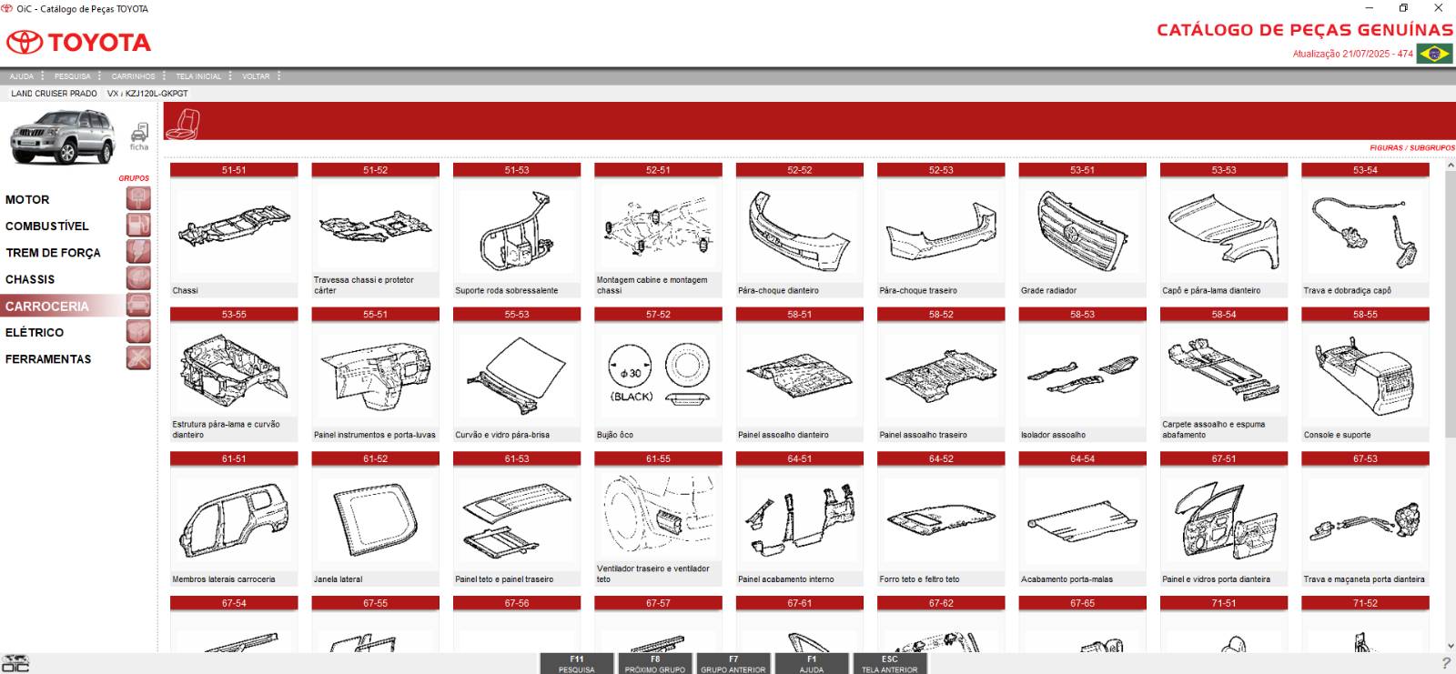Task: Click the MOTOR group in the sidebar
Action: pyautogui.click(x=27, y=199)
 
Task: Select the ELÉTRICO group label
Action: pyautogui.click(x=35, y=332)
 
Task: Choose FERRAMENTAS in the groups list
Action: pyautogui.click(x=48, y=358)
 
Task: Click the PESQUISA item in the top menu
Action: pyautogui.click(x=72, y=76)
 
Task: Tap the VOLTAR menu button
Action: pyautogui.click(x=256, y=76)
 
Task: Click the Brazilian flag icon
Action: pyautogui.click(x=1434, y=54)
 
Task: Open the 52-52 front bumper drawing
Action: pyautogui.click(x=800, y=231)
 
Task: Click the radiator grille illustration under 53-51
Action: pyautogui.click(x=1082, y=231)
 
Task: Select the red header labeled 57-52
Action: pyautogui.click(x=658, y=315)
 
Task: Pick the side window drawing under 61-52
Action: pyautogui.click(x=375, y=519)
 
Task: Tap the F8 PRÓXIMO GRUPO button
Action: pyautogui.click(x=654, y=664)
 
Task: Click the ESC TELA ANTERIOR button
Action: pyautogui.click(x=889, y=664)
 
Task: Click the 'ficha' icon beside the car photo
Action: pyautogui.click(x=139, y=136)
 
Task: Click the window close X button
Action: pyautogui.click(x=1438, y=8)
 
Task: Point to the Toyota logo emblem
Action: pyautogui.click(x=24, y=42)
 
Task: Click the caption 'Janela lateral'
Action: pyautogui.click(x=338, y=579)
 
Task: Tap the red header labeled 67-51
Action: pyautogui.click(x=1223, y=458)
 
